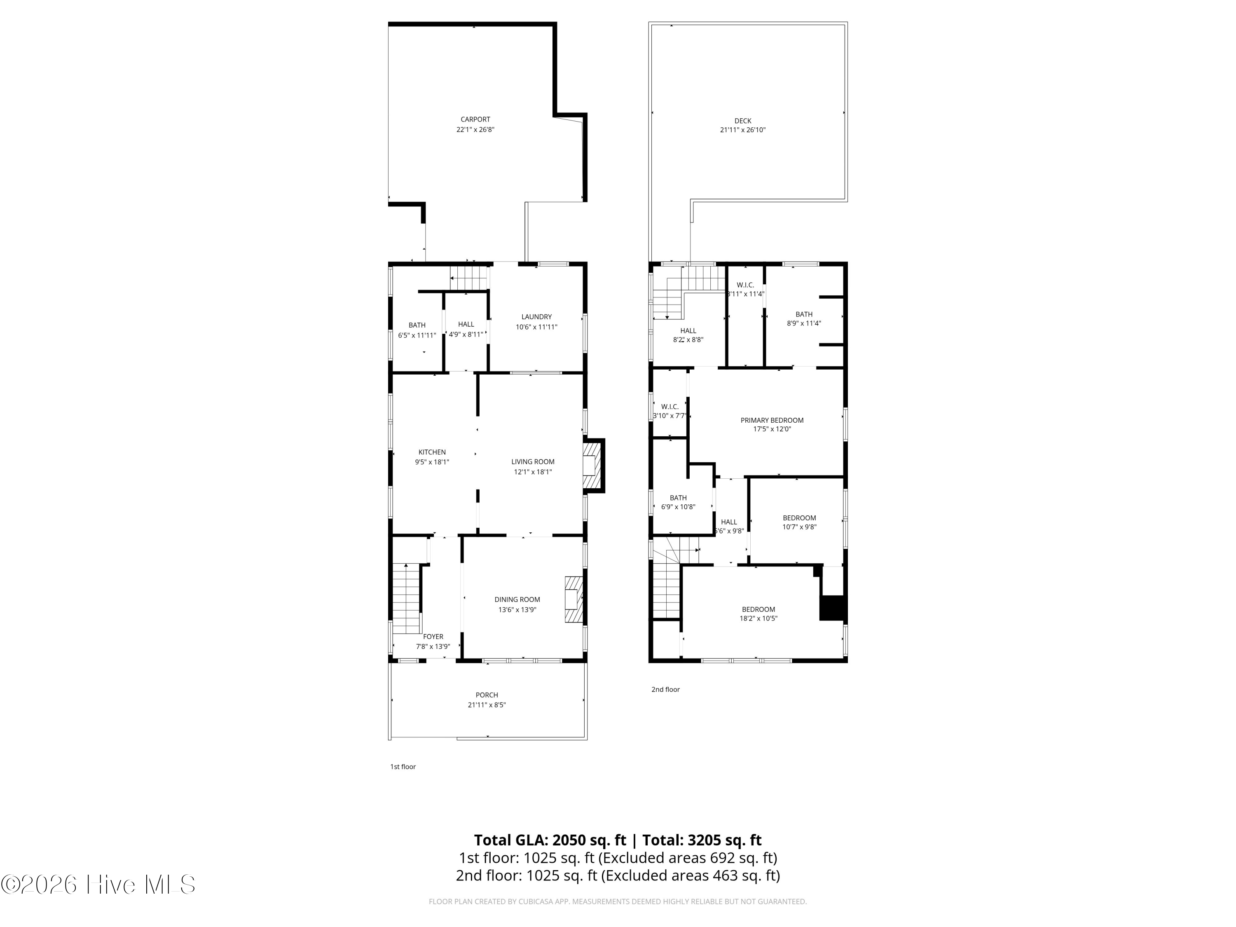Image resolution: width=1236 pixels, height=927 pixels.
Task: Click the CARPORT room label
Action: click(x=475, y=119)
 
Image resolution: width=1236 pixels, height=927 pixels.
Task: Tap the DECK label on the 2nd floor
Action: click(x=742, y=121)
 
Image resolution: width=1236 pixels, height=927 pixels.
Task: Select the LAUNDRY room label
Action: click(x=536, y=317)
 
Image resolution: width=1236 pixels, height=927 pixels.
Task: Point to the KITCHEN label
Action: click(x=432, y=452)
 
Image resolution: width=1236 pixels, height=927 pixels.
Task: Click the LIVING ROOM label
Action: click(x=532, y=461)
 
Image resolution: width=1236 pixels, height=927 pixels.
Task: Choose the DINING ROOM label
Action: click(x=517, y=599)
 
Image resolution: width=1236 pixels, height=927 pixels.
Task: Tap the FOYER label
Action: click(x=433, y=637)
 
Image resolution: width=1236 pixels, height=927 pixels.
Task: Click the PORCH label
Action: click(x=487, y=695)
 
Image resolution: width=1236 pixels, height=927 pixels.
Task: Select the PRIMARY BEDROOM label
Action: click(x=772, y=420)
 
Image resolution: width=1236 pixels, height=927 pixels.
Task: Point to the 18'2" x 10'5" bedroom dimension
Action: click(x=758, y=618)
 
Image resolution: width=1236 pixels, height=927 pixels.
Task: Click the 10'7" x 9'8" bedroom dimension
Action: click(x=799, y=527)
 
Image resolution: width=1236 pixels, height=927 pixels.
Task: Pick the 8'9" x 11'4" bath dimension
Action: click(x=803, y=323)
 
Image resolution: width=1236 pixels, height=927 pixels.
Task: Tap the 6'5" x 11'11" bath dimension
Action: click(x=417, y=335)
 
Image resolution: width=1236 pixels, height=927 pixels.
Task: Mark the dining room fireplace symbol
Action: click(x=573, y=599)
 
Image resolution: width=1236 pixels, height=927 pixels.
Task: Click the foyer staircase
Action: click(x=406, y=598)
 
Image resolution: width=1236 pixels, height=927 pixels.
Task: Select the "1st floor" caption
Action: click(x=403, y=767)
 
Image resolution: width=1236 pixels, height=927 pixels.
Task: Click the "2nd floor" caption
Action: click(x=665, y=690)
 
